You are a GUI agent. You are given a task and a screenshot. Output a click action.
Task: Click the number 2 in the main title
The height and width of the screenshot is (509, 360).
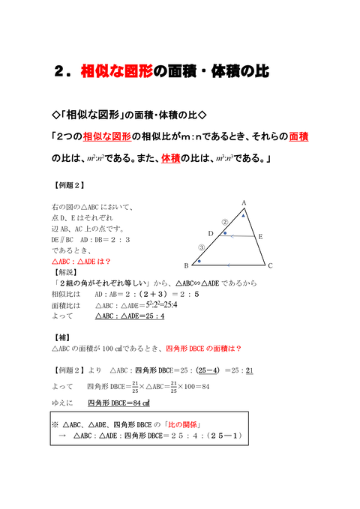pyautogui.click(x=60, y=71)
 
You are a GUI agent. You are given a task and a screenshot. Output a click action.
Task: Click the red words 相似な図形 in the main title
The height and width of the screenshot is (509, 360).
pyautogui.click(x=116, y=71)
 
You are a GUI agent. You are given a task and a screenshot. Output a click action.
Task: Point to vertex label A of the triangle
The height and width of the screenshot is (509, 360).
pyautogui.click(x=244, y=203)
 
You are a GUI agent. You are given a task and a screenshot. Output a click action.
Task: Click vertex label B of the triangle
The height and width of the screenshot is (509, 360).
pyautogui.click(x=186, y=266)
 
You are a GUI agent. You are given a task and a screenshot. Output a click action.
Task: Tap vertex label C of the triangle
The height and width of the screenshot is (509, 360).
pyautogui.click(x=271, y=265)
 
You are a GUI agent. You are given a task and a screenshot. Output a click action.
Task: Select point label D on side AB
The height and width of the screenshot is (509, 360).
pyautogui.click(x=211, y=234)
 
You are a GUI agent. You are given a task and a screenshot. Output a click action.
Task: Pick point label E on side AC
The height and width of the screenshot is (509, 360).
pyautogui.click(x=259, y=236)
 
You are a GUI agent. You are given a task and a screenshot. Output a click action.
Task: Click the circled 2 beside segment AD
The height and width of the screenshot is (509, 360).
pyautogui.click(x=225, y=222)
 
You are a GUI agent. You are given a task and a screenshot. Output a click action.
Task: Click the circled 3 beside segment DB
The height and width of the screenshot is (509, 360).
pyautogui.click(x=200, y=247)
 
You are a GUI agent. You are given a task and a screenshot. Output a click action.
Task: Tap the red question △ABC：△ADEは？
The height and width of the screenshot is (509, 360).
pyautogui.click(x=81, y=262)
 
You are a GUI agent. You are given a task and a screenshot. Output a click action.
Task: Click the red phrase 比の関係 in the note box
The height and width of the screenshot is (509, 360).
pyautogui.click(x=187, y=424)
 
